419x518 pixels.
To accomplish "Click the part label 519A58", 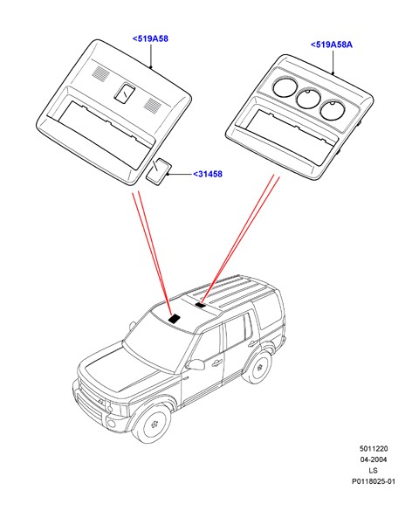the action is pyautogui.click(x=150, y=38).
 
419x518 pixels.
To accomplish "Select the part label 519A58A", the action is pyautogui.click(x=332, y=45).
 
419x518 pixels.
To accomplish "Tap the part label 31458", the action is pyautogui.click(x=208, y=174).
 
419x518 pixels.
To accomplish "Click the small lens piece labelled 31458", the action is pyautogui.click(x=158, y=170).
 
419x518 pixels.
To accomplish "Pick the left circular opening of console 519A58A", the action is pyautogui.click(x=284, y=86).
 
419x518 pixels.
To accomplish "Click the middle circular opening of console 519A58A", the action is pyautogui.click(x=308, y=98).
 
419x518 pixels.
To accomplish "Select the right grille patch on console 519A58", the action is pyautogui.click(x=153, y=105).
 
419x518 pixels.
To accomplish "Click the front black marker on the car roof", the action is pyautogui.click(x=175, y=318).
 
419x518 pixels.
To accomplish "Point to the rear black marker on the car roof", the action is pyautogui.click(x=201, y=305).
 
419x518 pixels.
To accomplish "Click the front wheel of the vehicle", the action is pyautogui.click(x=154, y=423).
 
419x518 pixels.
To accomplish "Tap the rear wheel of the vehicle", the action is pyautogui.click(x=260, y=367).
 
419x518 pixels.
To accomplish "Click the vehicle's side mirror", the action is pyautogui.click(x=196, y=364).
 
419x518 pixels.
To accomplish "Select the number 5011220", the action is pyautogui.click(x=374, y=449).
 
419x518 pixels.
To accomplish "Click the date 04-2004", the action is pyautogui.click(x=374, y=459).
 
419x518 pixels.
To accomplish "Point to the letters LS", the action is pyautogui.click(x=373, y=471).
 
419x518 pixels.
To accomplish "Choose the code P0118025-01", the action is pyautogui.click(x=374, y=481).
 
